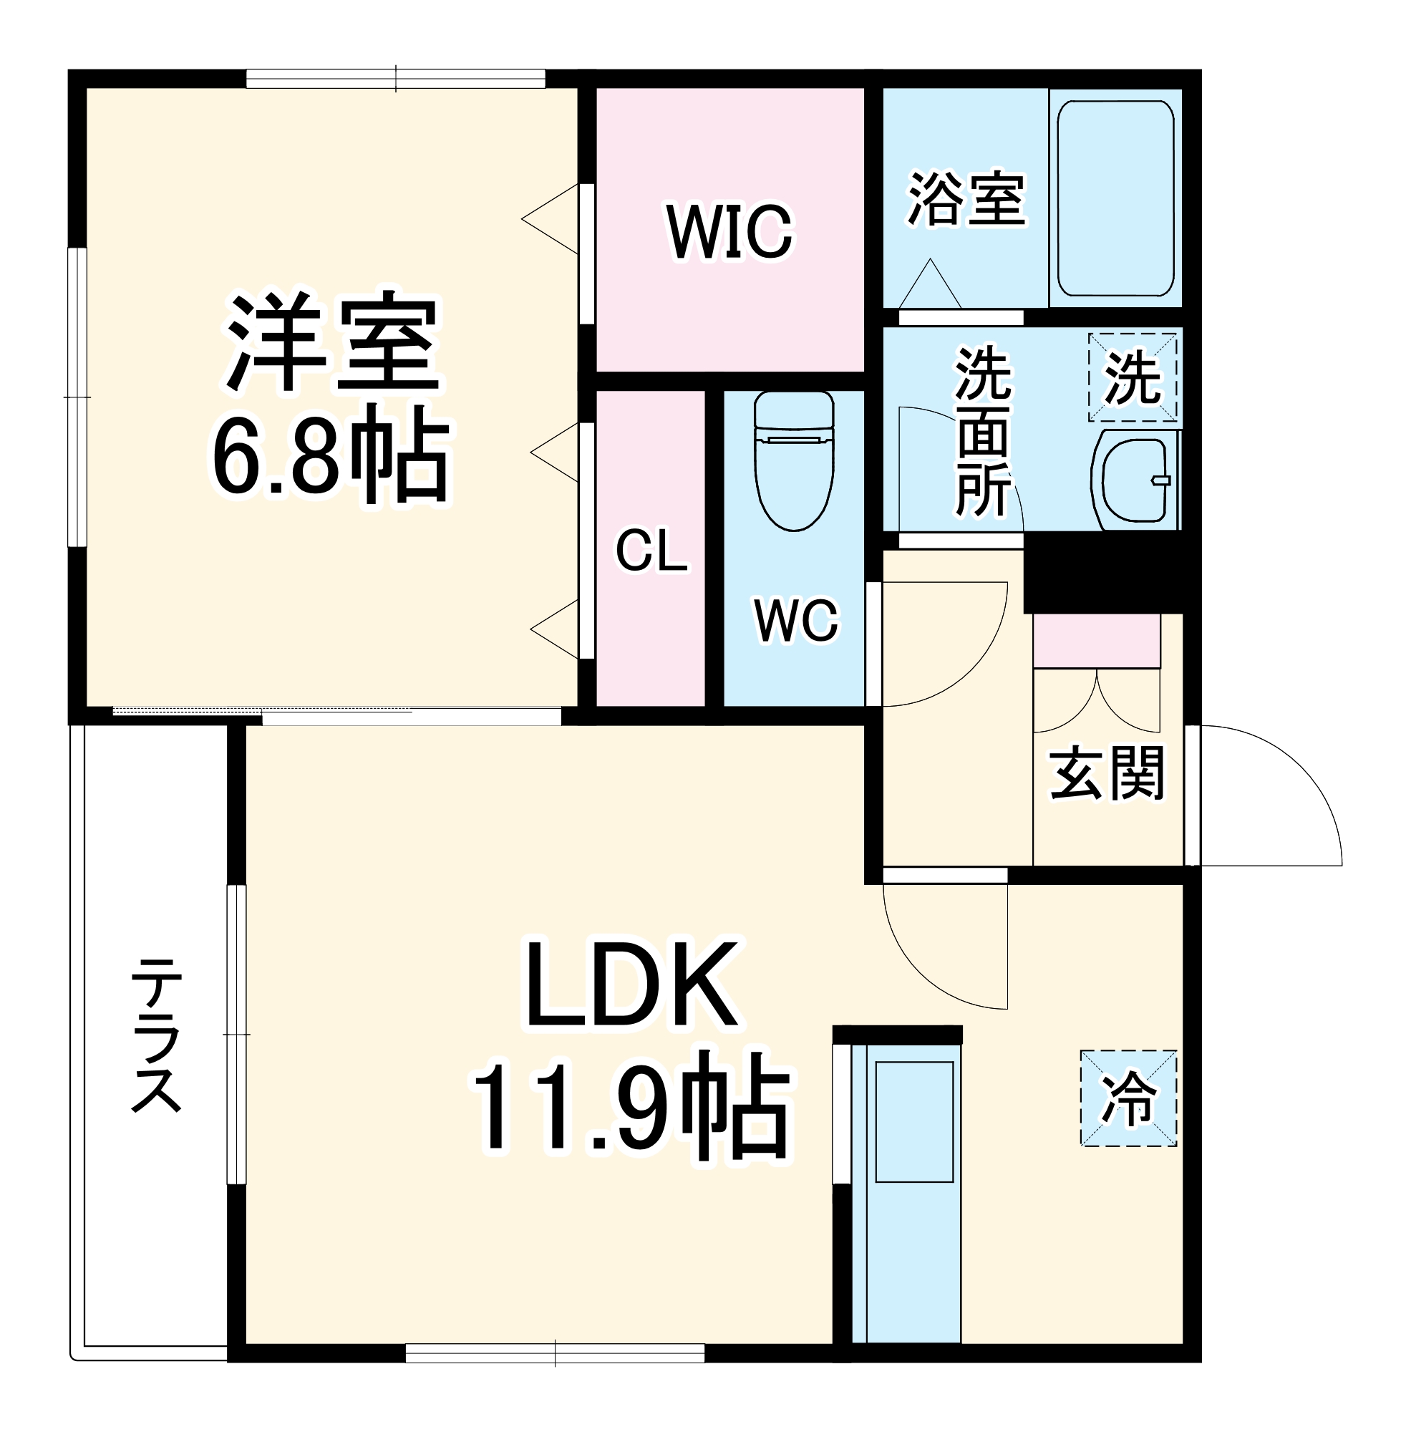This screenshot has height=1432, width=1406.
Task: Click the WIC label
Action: click(729, 233)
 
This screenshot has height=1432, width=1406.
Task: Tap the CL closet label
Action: click(651, 550)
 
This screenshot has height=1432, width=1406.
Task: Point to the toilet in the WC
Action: click(794, 461)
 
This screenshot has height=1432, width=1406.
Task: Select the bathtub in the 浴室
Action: click(1115, 198)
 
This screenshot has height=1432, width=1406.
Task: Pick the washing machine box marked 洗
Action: click(1132, 377)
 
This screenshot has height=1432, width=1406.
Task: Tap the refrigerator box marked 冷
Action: click(1128, 1098)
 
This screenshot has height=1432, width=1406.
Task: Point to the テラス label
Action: click(156, 1035)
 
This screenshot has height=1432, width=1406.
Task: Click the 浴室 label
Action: click(966, 198)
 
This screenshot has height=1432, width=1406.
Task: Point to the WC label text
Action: click(796, 619)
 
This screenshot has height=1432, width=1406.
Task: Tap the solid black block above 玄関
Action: click(1103, 572)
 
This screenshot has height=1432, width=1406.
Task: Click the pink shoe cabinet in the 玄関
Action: click(1096, 641)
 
